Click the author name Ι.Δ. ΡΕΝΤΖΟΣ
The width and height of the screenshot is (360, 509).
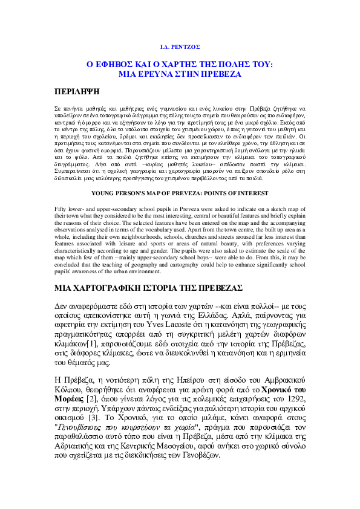(179, 47)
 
